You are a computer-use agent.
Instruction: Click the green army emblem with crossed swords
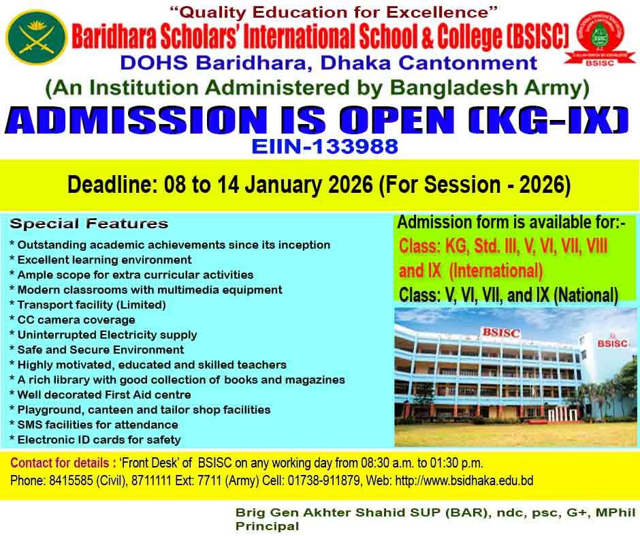click(36, 37)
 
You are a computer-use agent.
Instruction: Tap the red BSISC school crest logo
click(600, 38)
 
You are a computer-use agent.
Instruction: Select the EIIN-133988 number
click(325, 147)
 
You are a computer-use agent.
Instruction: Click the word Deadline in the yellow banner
click(112, 184)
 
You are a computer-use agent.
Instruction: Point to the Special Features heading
click(89, 224)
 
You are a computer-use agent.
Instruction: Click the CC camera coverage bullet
click(72, 320)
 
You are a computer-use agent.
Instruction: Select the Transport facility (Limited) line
click(88, 305)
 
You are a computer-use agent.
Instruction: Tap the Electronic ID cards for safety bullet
click(95, 440)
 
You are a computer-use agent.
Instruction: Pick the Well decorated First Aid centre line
click(100, 395)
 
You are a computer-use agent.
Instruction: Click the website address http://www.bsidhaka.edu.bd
click(464, 480)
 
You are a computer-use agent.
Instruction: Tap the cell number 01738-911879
click(324, 480)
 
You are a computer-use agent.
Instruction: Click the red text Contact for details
click(60, 463)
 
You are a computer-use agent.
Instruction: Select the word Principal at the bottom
click(268, 526)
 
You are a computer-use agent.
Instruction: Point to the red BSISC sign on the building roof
click(501, 333)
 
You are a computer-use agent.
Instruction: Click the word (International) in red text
click(496, 271)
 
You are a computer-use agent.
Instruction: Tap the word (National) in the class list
click(586, 295)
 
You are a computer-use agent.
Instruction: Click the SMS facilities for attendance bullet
click(94, 425)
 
